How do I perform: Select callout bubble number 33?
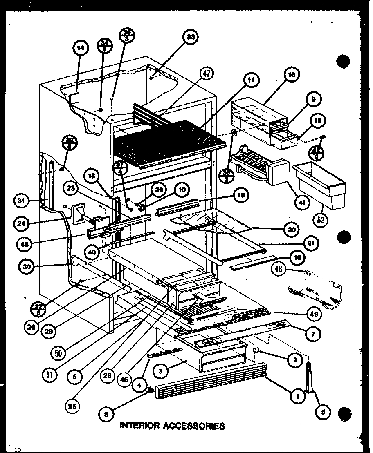pos(190,38)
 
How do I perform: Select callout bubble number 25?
pos(74,406)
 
